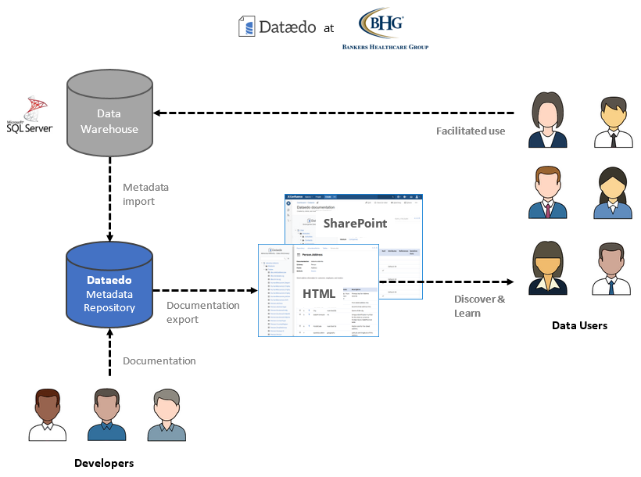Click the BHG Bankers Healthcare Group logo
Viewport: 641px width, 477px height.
coord(385,30)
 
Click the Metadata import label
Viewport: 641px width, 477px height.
coord(145,195)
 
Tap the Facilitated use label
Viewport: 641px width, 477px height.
coord(470,131)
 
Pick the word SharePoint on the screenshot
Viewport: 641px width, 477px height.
coord(356,223)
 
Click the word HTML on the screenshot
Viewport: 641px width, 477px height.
coord(320,293)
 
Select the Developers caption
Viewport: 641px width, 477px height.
coord(104,463)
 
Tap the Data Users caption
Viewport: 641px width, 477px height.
coord(579,325)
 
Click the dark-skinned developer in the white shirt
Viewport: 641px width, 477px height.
coord(47,414)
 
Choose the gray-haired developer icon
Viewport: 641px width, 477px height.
coord(167,414)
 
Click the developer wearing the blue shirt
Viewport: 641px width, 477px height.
coord(106,414)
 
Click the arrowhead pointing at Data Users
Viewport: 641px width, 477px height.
coord(509,282)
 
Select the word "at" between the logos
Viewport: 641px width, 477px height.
coord(329,28)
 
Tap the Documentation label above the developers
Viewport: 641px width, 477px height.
coord(159,360)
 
